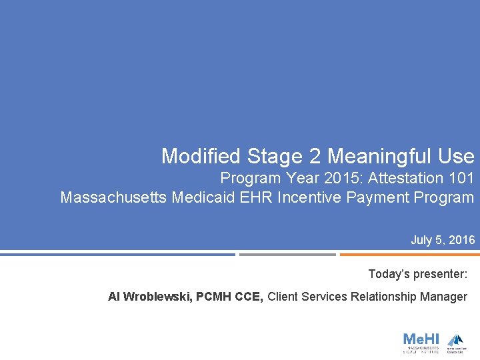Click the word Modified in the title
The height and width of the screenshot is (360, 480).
pyautogui.click(x=201, y=157)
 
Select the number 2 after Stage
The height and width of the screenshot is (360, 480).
pyautogui.click(x=315, y=157)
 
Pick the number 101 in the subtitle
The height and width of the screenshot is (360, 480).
pyautogui.click(x=461, y=179)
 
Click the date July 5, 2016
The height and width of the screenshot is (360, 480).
pyautogui.click(x=443, y=240)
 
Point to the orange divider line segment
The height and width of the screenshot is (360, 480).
pyautogui.click(x=409, y=254)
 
